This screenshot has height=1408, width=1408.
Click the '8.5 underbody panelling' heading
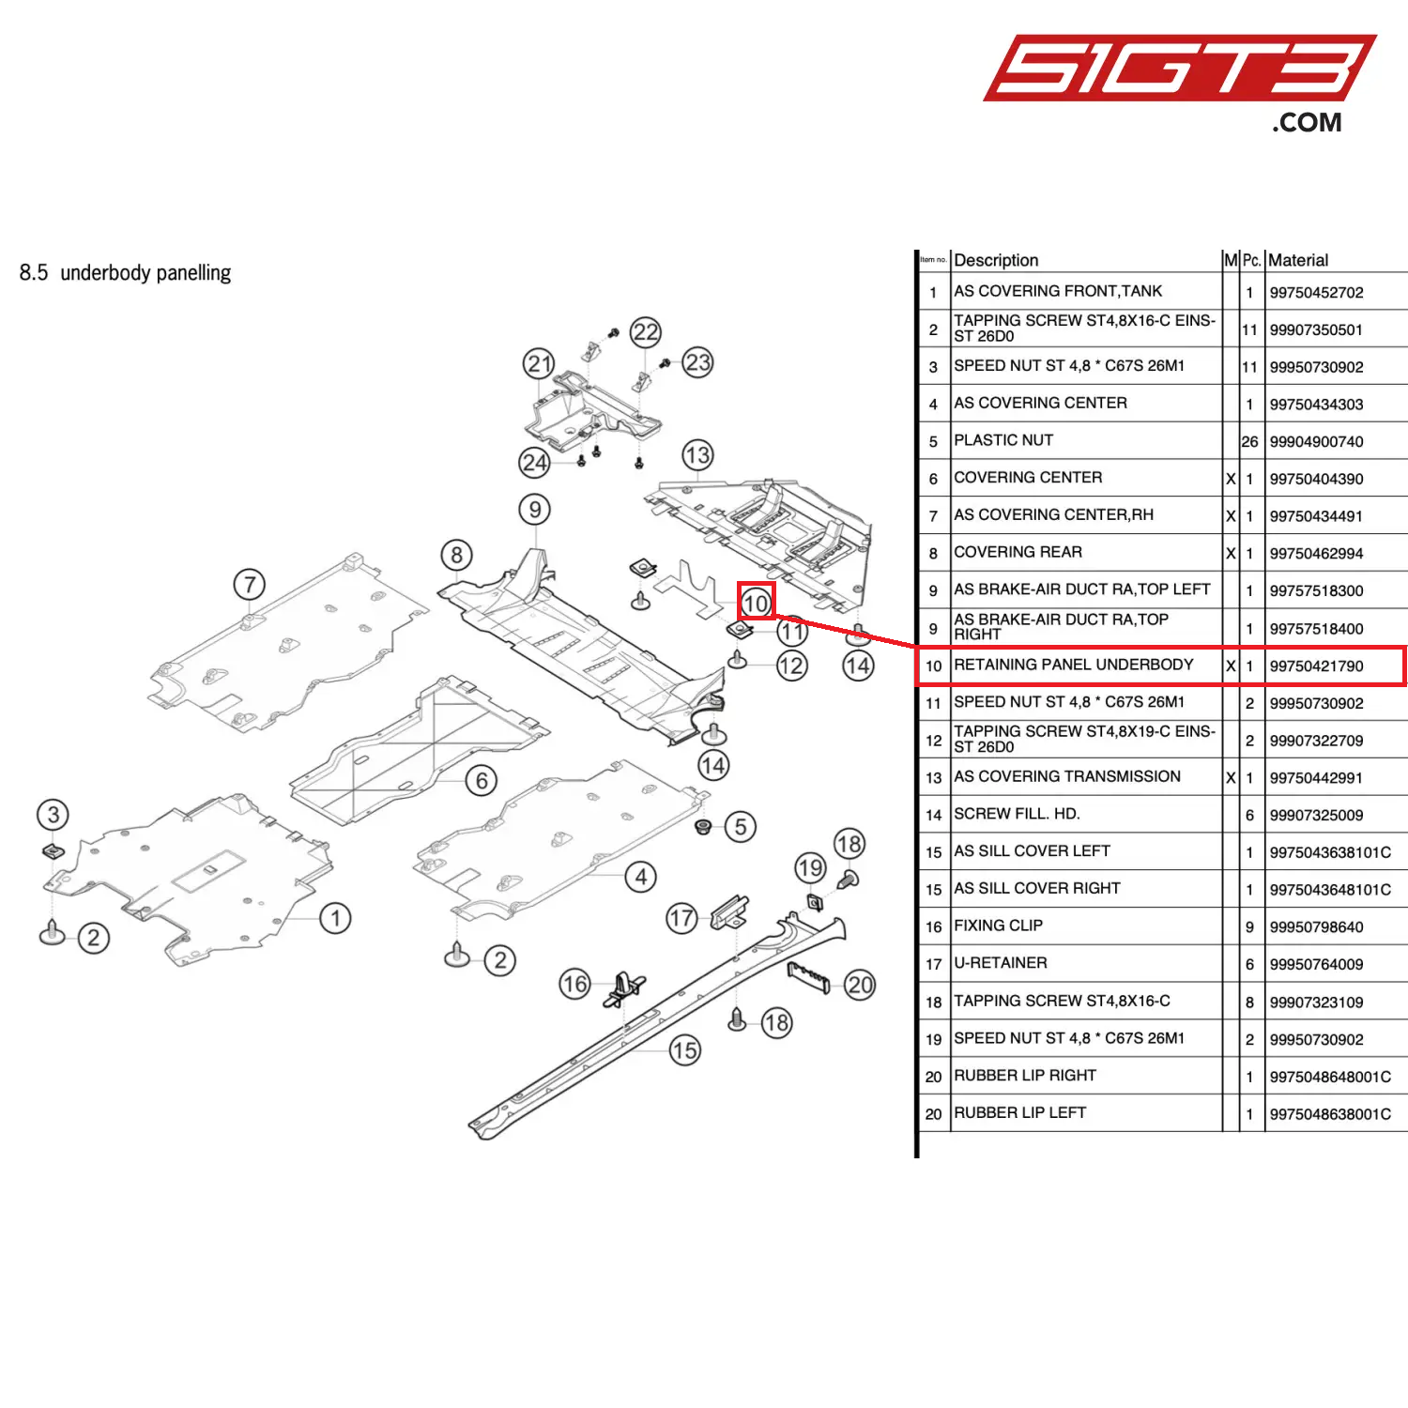(x=125, y=273)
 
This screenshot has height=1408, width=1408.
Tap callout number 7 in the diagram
(x=250, y=585)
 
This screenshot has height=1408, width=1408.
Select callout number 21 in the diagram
(x=539, y=364)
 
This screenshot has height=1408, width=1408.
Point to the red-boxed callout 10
(x=756, y=603)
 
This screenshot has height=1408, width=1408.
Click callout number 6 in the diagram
(x=482, y=780)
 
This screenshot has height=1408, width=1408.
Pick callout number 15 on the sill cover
(x=684, y=1050)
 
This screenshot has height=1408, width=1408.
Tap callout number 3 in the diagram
(x=54, y=815)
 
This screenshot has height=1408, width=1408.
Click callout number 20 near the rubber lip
(x=860, y=985)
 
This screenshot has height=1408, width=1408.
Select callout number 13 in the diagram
(x=697, y=455)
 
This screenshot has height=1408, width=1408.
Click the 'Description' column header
(x=996, y=260)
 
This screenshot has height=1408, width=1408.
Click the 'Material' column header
(x=1298, y=260)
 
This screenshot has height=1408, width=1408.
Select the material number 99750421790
(x=1316, y=666)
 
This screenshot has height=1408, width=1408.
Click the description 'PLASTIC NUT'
(x=1003, y=440)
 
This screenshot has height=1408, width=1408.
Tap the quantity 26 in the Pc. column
(x=1249, y=442)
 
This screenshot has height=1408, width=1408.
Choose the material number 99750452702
(x=1316, y=293)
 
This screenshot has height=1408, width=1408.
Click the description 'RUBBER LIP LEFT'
(x=1020, y=1113)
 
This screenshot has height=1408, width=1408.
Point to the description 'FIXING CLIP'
(x=998, y=926)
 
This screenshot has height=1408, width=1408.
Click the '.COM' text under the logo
(x=1307, y=123)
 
